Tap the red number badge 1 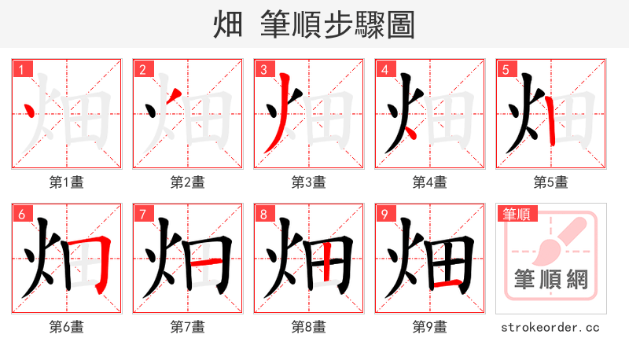click(x=20, y=70)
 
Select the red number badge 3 click(x=263, y=70)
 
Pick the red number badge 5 click(x=505, y=70)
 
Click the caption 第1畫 click(x=66, y=182)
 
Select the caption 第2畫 click(x=187, y=182)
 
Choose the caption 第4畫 click(x=429, y=182)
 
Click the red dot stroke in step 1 click(x=30, y=111)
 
